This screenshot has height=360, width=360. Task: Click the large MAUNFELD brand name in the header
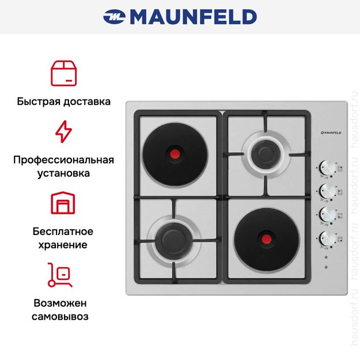[x=194, y=17]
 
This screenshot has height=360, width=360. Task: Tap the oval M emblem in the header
[x=115, y=17]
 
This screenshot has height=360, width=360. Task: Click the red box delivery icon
[x=63, y=73]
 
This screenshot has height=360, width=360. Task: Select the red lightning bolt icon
[x=63, y=131]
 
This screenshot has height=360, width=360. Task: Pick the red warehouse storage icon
[x=63, y=203]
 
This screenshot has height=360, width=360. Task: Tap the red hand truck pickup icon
[x=60, y=275]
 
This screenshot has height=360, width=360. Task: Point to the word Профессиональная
[x=63, y=160]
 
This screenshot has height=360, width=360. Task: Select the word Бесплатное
[x=63, y=232]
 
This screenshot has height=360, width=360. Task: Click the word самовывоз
[x=60, y=317]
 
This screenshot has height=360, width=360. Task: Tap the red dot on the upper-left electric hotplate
[x=175, y=154]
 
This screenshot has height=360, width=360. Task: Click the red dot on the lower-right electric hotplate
[x=266, y=239]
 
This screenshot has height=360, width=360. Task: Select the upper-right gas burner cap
[x=266, y=154]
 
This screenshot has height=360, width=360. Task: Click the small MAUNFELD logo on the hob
[x=331, y=132]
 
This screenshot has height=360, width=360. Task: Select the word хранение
[x=63, y=245]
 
